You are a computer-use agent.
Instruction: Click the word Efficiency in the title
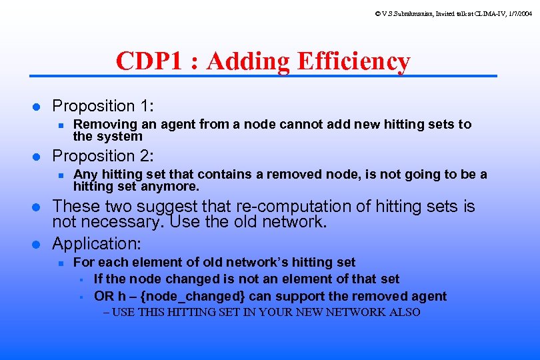pyautogui.click(x=354, y=61)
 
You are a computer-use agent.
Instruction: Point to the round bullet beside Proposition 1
pyautogui.click(x=38, y=107)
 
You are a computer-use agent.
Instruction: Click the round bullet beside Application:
pyautogui.click(x=38, y=244)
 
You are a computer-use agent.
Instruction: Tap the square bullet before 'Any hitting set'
pyautogui.click(x=60, y=175)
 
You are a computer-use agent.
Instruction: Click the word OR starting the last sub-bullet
pyautogui.click(x=103, y=296)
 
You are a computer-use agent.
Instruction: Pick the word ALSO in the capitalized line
pyautogui.click(x=405, y=312)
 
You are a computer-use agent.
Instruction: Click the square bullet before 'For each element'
pyautogui.click(x=60, y=263)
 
